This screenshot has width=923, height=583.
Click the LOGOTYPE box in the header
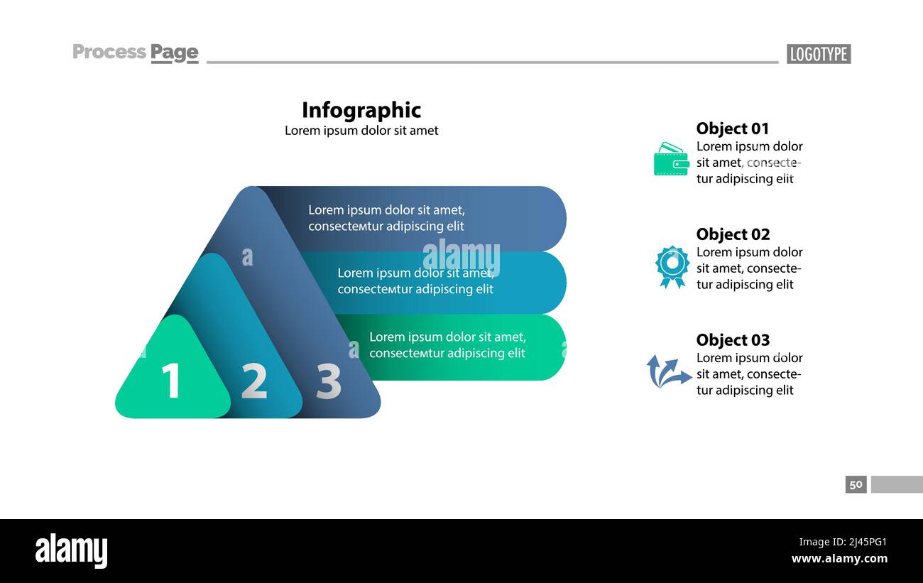[x=818, y=54]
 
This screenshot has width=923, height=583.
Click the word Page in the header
[x=174, y=52]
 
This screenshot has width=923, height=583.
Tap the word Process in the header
[x=109, y=52]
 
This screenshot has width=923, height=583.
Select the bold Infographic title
[x=361, y=110]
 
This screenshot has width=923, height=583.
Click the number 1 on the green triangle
[x=171, y=381]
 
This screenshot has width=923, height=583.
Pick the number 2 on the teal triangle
[x=254, y=381]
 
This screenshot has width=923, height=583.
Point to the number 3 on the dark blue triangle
[x=329, y=381]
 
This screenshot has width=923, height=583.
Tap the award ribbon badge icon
[x=672, y=266]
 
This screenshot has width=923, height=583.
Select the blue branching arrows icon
[x=668, y=371]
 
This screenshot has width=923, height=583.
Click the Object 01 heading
[x=733, y=129]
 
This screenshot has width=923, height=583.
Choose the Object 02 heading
[x=733, y=234]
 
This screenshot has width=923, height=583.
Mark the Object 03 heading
[x=733, y=340]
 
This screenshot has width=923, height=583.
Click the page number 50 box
[x=856, y=484]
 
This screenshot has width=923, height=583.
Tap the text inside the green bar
[x=447, y=345]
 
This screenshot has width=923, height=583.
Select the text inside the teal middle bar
[x=415, y=281]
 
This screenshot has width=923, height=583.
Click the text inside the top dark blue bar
[x=386, y=218]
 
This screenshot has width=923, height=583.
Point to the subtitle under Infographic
[x=361, y=131]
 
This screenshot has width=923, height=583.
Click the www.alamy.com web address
[x=839, y=559]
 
